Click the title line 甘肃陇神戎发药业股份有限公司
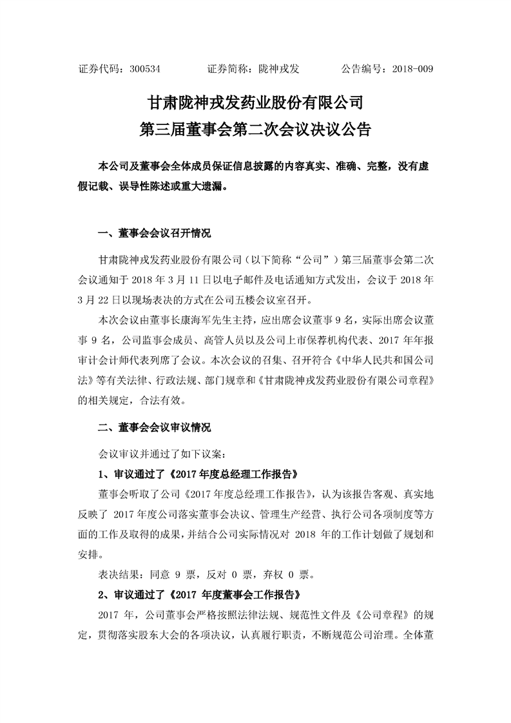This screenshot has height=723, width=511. click(x=256, y=102)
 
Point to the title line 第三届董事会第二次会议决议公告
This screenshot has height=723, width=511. click(x=256, y=129)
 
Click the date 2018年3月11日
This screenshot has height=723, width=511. click(x=161, y=281)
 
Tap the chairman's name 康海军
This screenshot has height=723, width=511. click(x=186, y=319)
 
